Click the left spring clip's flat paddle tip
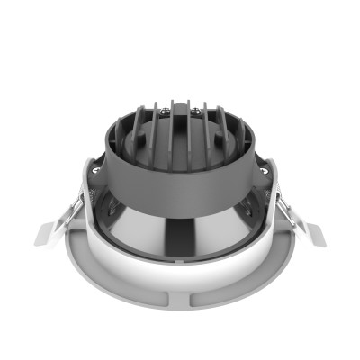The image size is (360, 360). click(47, 232)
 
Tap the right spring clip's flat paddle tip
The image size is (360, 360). click(311, 232)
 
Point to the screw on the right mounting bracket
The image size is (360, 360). click(265, 166)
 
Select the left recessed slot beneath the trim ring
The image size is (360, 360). click(135, 290)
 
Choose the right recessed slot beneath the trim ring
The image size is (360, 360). click(225, 290)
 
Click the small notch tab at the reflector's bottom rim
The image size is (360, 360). click(179, 258)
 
